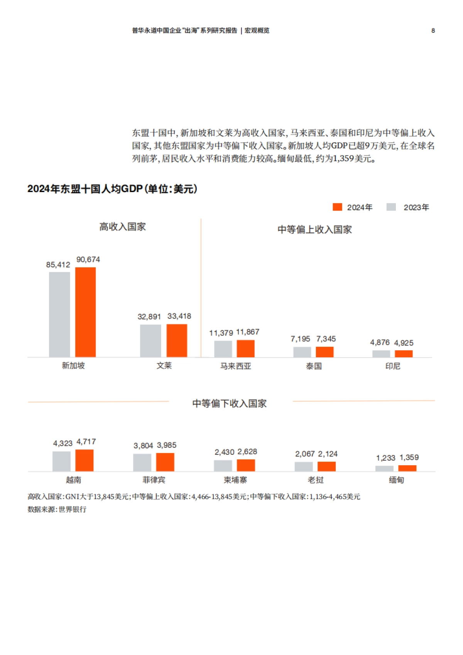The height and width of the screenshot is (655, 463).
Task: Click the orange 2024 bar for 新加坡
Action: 85,312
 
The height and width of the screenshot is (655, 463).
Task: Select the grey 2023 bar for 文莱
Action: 150,341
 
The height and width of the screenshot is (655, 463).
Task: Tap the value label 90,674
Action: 88,260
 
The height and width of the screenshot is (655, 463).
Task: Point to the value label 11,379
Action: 221,333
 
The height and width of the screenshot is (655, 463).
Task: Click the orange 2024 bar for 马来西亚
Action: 245,349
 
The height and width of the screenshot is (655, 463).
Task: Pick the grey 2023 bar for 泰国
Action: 302,352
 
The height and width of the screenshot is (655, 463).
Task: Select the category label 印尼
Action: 393,366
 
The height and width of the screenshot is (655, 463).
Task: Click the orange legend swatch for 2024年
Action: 337,207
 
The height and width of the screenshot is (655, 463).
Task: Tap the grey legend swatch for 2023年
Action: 391,207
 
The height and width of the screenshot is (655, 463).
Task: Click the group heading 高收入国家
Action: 123,227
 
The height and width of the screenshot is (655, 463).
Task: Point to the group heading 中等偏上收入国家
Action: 314,230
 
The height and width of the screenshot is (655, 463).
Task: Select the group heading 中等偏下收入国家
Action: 230,403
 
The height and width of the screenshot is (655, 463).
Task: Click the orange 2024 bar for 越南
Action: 84,460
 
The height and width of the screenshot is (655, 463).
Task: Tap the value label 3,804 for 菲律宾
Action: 143,446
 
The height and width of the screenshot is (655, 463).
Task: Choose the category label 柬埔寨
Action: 235,480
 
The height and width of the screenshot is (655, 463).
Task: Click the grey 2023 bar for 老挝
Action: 304,466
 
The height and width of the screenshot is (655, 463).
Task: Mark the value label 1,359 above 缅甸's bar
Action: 409,457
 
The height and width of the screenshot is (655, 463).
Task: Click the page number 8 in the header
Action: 433,30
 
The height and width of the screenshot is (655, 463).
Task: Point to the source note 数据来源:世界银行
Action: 57,509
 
